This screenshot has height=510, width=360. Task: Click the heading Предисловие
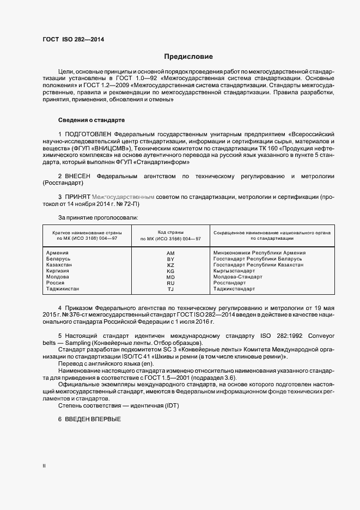coord(188,57)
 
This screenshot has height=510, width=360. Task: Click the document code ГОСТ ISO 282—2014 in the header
coord(73,40)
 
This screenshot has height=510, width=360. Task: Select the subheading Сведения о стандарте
coord(91,119)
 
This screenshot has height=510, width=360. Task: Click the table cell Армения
coord(57,253)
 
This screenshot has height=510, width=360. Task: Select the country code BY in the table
coord(170,259)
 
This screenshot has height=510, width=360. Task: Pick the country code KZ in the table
coord(170,265)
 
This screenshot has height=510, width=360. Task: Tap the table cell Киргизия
coord(58,271)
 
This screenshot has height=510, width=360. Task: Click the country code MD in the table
coord(170,277)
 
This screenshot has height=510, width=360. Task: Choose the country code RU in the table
coord(170,283)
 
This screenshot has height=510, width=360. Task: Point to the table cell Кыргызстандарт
coord(234,271)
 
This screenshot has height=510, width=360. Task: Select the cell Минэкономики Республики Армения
coord(259,253)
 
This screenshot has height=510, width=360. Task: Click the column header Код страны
coord(170,232)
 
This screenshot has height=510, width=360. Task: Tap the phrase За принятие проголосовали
coord(90,217)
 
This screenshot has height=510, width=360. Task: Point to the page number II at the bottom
coord(44,466)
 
